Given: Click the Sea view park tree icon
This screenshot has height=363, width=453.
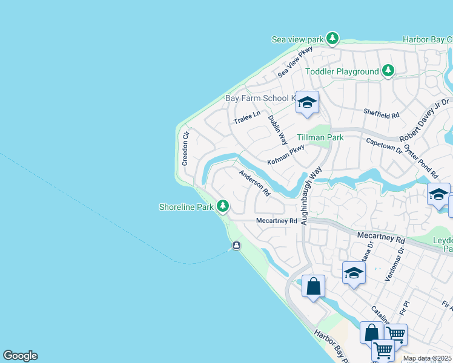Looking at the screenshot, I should (x=332, y=39).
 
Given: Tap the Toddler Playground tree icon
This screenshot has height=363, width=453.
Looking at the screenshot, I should (x=388, y=71).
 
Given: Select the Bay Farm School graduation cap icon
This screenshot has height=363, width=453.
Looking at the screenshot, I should (x=307, y=103).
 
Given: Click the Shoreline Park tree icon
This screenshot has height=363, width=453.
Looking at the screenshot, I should (x=223, y=207).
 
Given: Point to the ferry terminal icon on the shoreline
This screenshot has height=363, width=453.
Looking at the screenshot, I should (x=236, y=245).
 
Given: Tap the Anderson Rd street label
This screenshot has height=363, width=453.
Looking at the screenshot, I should (x=254, y=183).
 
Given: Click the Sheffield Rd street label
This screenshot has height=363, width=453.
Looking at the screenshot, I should (x=381, y=113).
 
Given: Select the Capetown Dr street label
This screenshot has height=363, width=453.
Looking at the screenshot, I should (x=385, y=145).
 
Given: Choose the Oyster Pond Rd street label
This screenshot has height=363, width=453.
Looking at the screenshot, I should (x=422, y=157).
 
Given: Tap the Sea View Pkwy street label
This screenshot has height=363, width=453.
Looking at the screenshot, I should (x=295, y=61).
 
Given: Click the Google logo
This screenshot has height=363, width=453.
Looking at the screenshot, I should (x=20, y=356).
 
